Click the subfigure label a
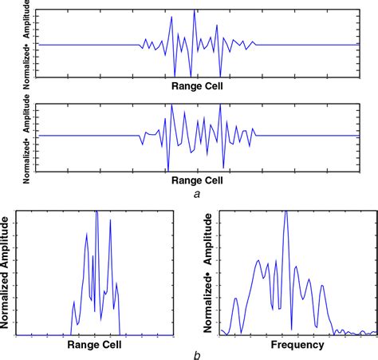coord(196,192)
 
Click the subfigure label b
coord(196,354)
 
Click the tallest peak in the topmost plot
coord(195,12)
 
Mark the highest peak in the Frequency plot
coord(285,212)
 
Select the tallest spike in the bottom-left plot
coord(96,212)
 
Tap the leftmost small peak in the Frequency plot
coord(235,299)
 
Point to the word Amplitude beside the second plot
coord(27,114)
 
